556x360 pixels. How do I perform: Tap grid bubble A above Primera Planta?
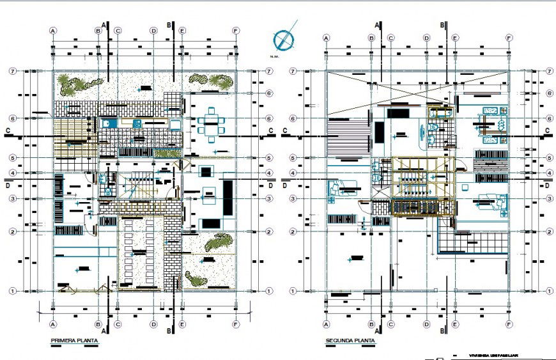(x=54, y=30)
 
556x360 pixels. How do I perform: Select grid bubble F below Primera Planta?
(x=236, y=323)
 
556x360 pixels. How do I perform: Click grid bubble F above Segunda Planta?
(x=509, y=38)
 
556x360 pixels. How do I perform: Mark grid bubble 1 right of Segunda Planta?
(x=548, y=291)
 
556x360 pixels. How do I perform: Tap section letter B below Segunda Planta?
(x=442, y=331)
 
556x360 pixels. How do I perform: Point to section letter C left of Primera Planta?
(x=7, y=131)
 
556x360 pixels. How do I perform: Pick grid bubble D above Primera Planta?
(x=153, y=30)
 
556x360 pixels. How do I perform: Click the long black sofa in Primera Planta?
(x=228, y=198)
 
